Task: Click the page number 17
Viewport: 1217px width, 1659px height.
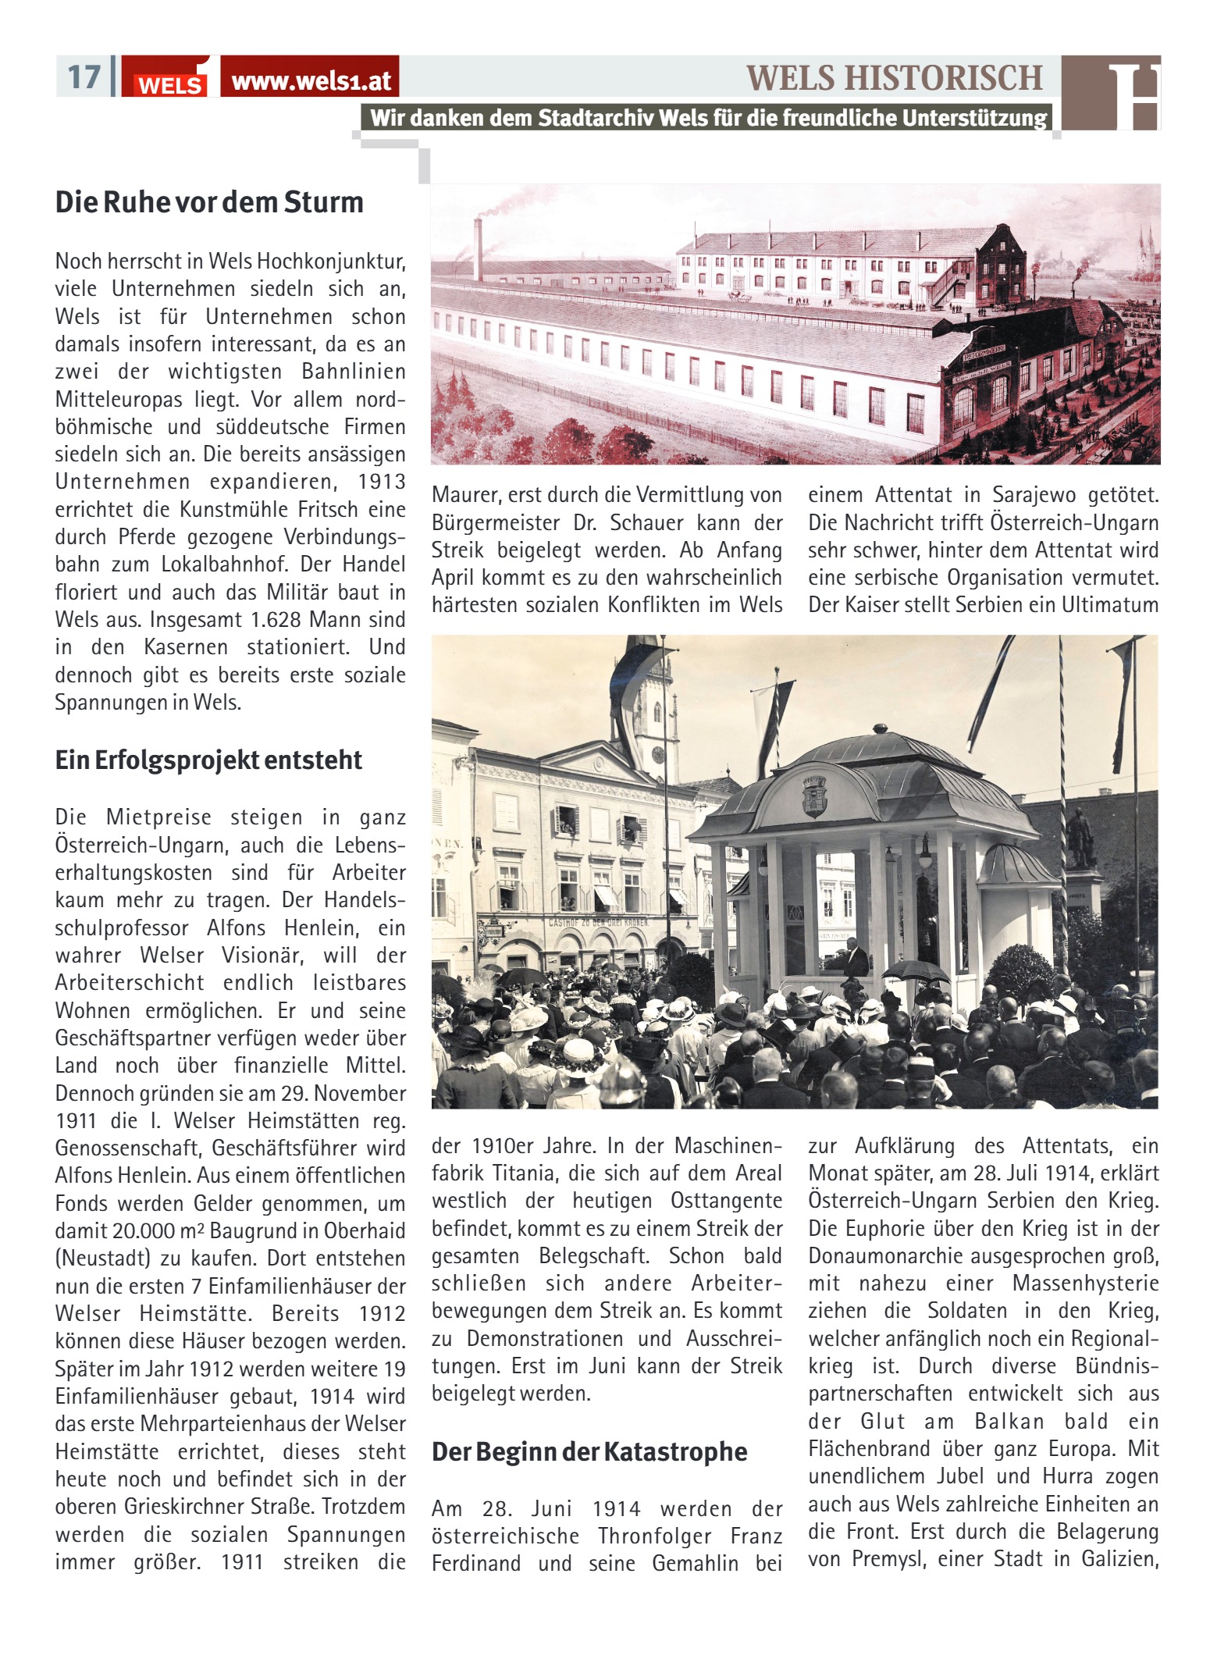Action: [84, 77]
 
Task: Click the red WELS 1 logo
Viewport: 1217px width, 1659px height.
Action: [172, 78]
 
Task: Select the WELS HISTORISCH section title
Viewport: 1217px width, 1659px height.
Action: [894, 77]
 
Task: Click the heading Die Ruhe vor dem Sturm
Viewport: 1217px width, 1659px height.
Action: [209, 202]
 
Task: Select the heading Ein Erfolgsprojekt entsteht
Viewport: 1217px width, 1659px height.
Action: [208, 760]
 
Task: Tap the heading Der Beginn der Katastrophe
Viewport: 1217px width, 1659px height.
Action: [589, 1451]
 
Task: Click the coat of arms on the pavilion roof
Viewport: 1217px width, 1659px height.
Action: [814, 794]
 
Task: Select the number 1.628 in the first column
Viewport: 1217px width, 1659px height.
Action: [279, 620]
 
